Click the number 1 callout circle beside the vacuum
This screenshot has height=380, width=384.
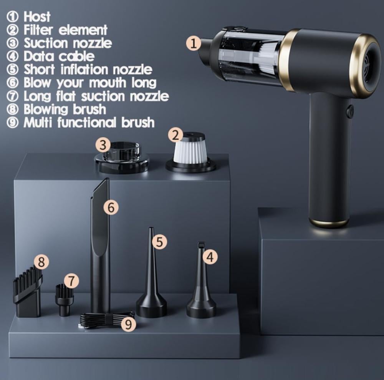click(x=194, y=43)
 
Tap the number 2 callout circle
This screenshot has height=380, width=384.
click(x=175, y=135)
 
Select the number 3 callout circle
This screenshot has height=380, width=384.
click(x=103, y=144)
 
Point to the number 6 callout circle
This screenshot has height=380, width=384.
click(x=111, y=207)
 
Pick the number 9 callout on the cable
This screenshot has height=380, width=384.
click(x=128, y=324)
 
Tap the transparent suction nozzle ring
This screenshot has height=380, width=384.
click(x=122, y=158)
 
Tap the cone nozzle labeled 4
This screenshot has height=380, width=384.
click(x=201, y=280)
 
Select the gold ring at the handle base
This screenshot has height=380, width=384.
click(x=329, y=223)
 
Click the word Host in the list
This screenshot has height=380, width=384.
click(x=37, y=17)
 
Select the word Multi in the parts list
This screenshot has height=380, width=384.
click(x=38, y=122)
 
